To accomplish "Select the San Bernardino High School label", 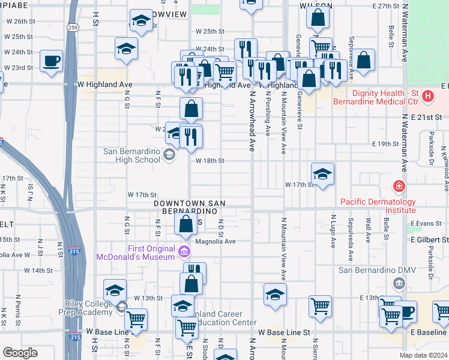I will tap(132, 155).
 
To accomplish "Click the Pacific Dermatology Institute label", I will tap(378, 206).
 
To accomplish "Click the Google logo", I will tap(20, 353).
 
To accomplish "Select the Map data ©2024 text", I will tap(424, 355).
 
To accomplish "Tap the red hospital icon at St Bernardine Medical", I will tap(427, 95).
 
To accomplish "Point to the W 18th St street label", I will tap(209, 161).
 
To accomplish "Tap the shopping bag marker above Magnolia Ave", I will tap(186, 224).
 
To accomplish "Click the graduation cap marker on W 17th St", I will tap(323, 175).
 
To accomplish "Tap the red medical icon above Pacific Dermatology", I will tap(397, 187).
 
